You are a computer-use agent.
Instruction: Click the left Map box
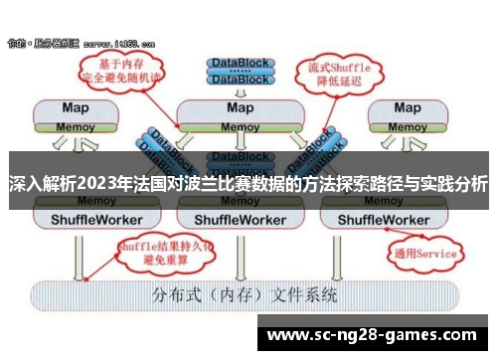(x=75, y=107)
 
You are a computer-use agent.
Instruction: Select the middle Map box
(x=239, y=107)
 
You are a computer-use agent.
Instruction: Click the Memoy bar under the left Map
(x=75, y=126)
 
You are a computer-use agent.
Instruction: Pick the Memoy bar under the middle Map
(x=239, y=126)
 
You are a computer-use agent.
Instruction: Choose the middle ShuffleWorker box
(x=239, y=218)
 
